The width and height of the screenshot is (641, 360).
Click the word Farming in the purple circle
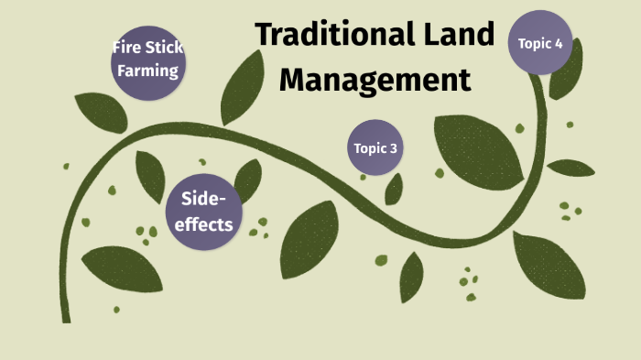147,70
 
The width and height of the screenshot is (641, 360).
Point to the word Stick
166,48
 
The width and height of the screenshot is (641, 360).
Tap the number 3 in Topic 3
394,148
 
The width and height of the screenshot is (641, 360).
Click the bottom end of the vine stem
67,318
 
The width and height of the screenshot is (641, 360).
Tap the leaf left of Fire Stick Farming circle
100,111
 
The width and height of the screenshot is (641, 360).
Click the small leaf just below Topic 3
394,189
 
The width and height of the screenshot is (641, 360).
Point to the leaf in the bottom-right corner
549,266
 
